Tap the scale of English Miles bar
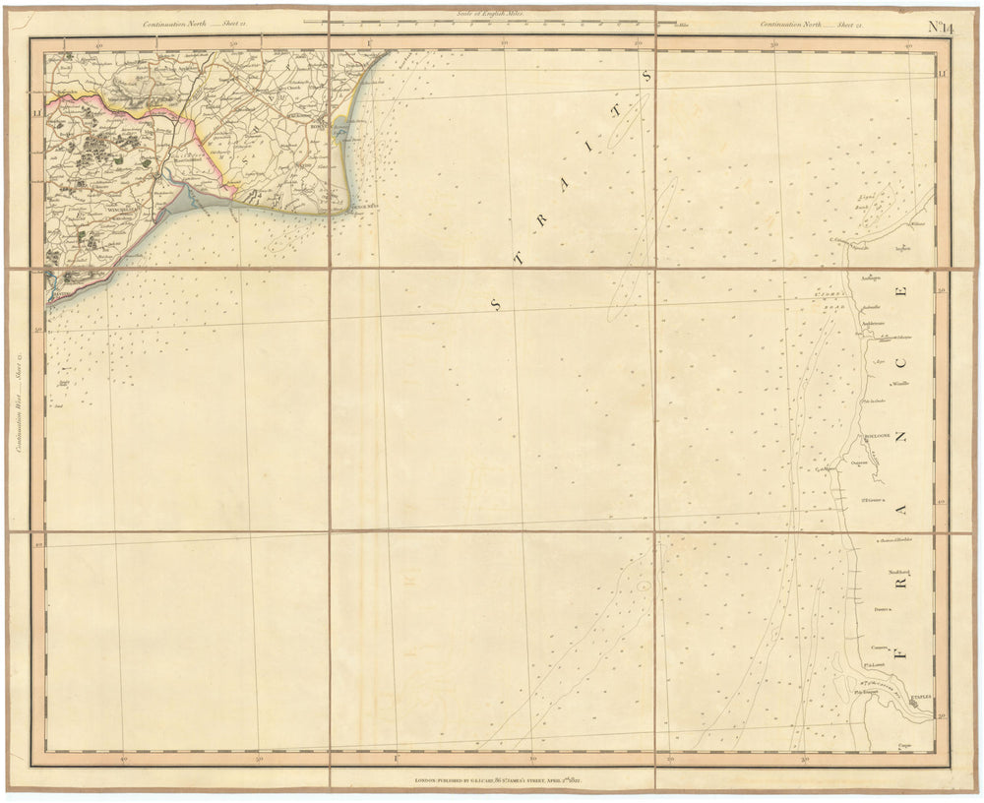(x=488, y=20)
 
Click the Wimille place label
(x=901, y=383)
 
